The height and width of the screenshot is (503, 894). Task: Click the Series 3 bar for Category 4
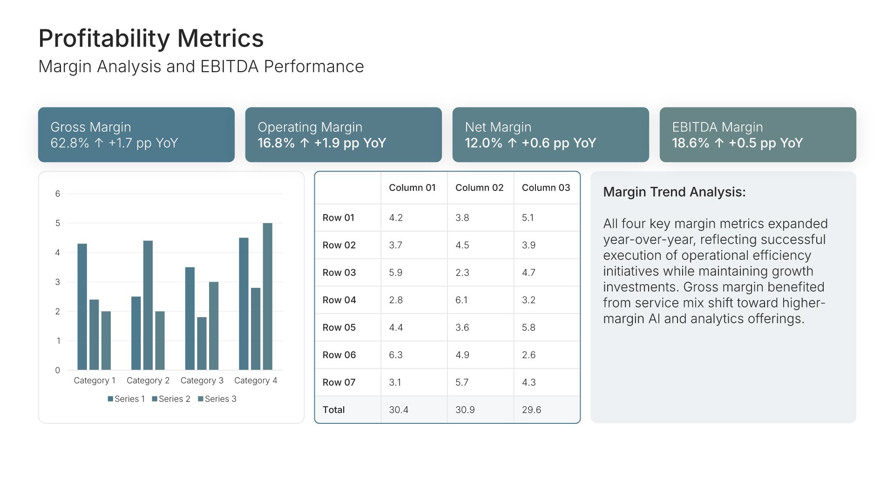pos(267,296)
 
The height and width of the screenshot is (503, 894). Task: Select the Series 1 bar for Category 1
pos(82,306)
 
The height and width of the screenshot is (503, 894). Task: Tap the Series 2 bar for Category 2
pos(148,305)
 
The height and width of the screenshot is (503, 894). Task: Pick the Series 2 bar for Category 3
pos(202,343)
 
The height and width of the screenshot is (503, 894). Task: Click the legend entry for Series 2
pos(171,399)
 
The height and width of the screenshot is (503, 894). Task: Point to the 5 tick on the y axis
pos(58,223)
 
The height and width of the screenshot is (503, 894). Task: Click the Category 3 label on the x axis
pos(202,381)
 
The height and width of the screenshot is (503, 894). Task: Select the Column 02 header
pos(479,188)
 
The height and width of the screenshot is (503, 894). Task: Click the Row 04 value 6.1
pos(461,300)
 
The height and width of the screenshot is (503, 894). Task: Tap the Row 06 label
pos(339,355)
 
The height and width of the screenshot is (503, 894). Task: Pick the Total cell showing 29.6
pos(531,410)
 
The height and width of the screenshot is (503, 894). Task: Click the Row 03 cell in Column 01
pos(396,272)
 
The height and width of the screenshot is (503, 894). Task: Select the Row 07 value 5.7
pos(462,382)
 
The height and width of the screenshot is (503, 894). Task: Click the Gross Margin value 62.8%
pos(70,143)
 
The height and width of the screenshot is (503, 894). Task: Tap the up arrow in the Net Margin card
pos(512,143)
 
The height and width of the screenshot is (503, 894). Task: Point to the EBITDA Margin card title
pos(718,127)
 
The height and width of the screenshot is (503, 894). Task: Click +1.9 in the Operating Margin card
pos(327,143)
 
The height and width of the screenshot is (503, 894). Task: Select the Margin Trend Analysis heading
pos(674,192)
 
